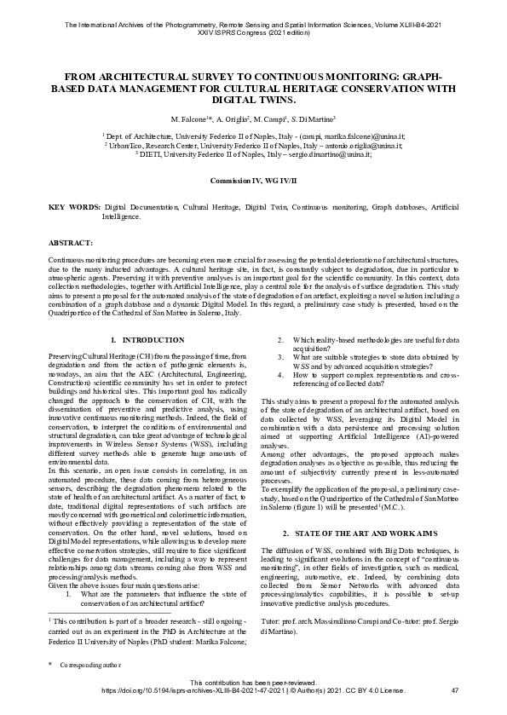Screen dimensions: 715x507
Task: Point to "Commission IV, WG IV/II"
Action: (253, 182)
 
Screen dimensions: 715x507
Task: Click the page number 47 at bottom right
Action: (454, 689)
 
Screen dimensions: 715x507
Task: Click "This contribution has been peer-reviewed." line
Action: (253, 682)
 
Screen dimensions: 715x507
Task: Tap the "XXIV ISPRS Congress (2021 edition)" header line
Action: (253, 35)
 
